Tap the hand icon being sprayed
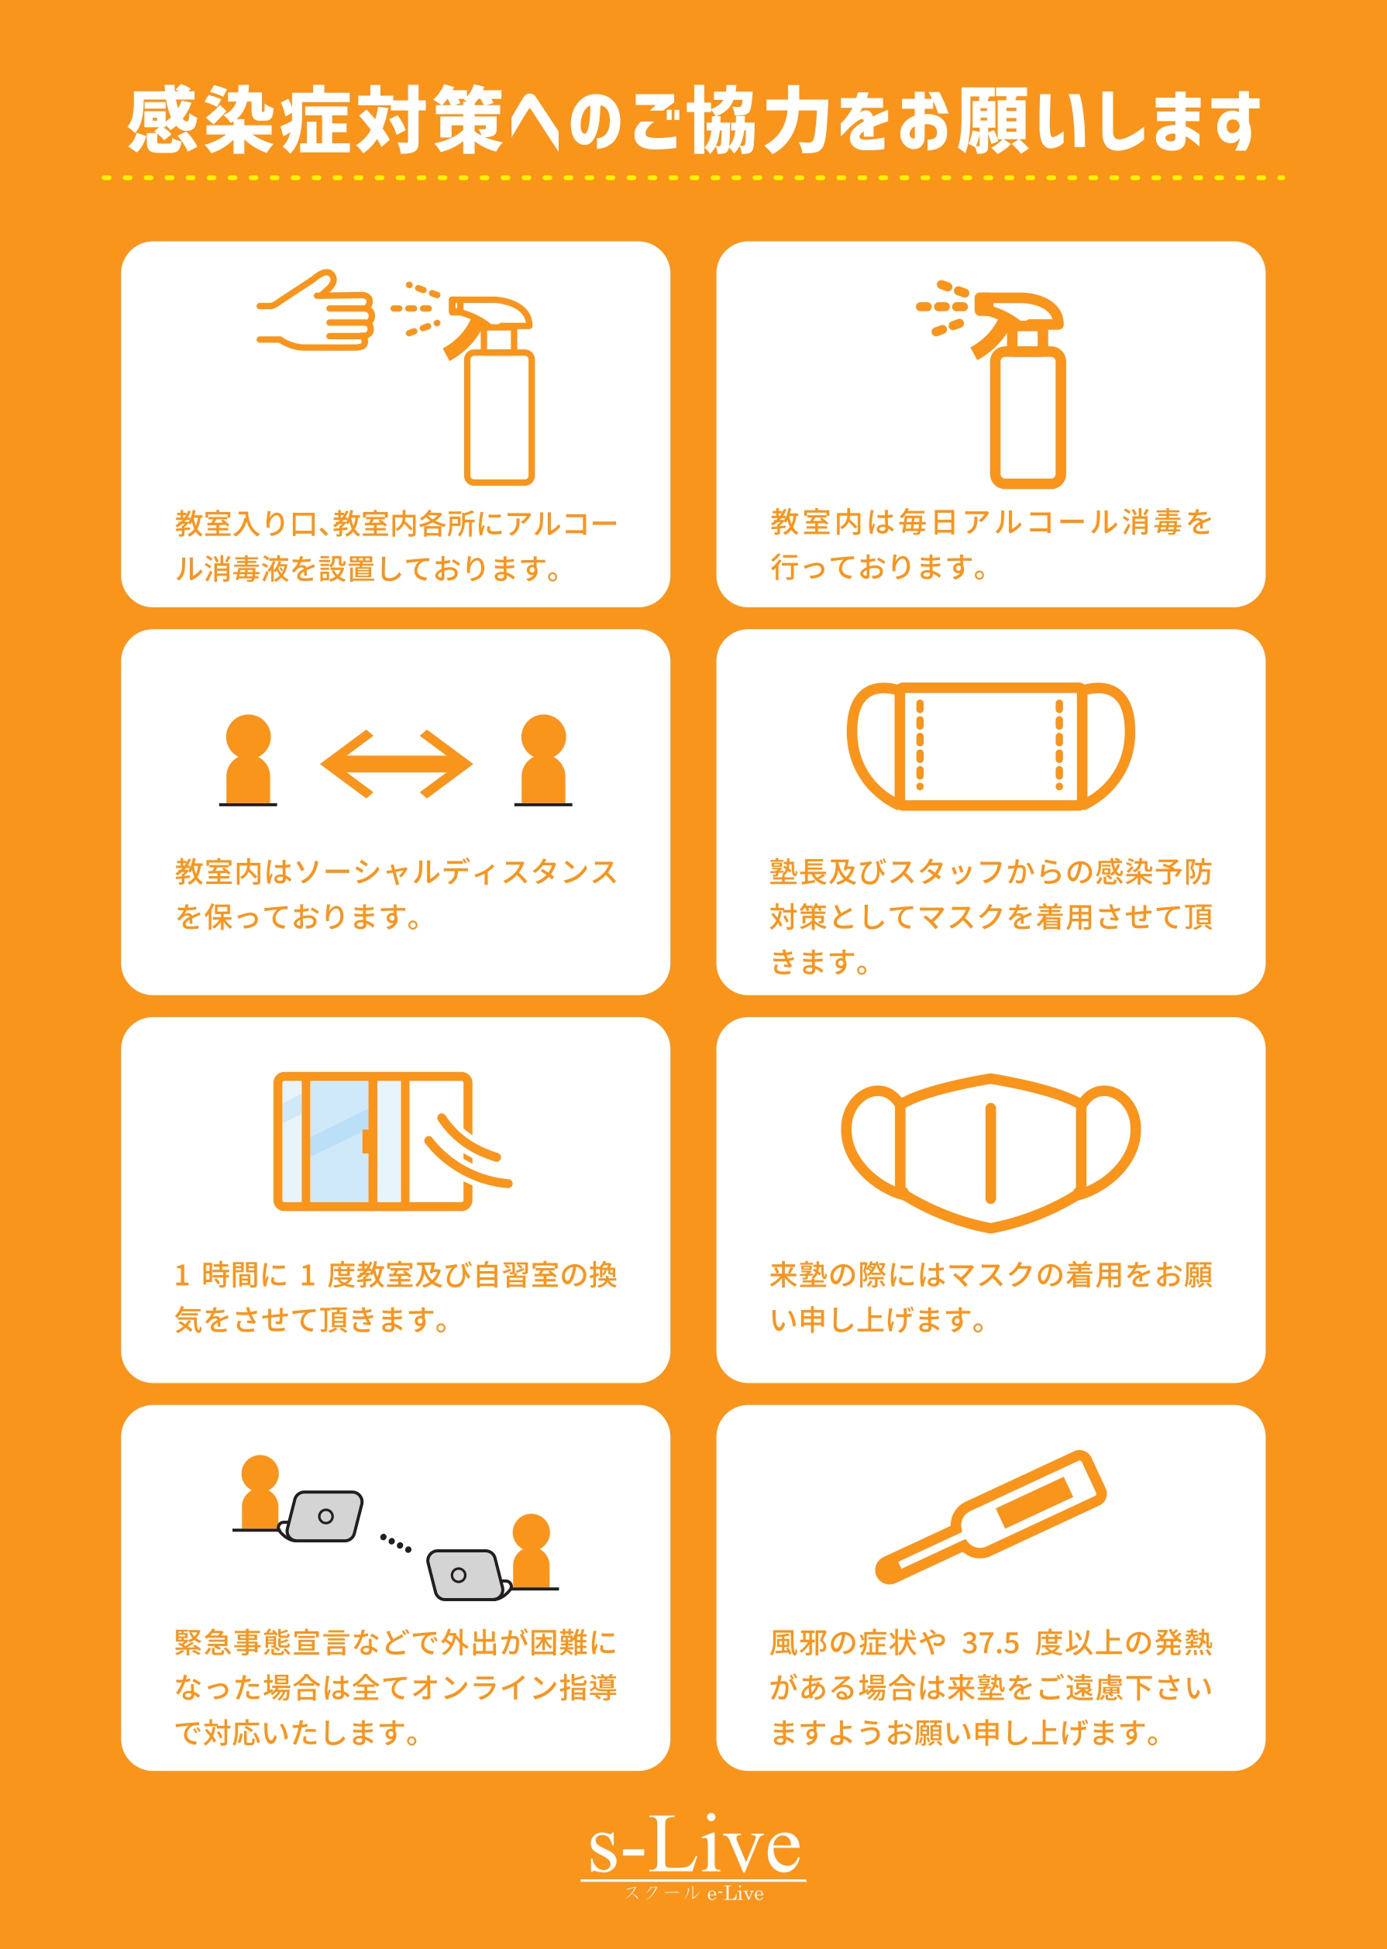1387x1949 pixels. click(x=316, y=311)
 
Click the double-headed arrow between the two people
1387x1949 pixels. click(x=396, y=764)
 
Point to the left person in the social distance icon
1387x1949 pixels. click(x=248, y=760)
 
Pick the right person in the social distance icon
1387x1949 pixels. click(x=543, y=760)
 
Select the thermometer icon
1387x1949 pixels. click(x=991, y=1517)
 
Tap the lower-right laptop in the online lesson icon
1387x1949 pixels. click(x=466, y=1574)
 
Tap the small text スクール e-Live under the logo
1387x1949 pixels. click(x=693, y=1893)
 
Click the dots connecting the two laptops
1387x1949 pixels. click(x=395, y=1542)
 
